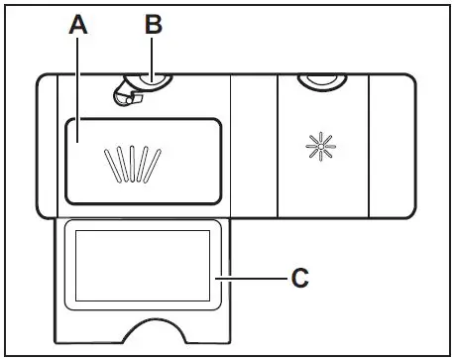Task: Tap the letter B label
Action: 153,23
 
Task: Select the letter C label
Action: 301,278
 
